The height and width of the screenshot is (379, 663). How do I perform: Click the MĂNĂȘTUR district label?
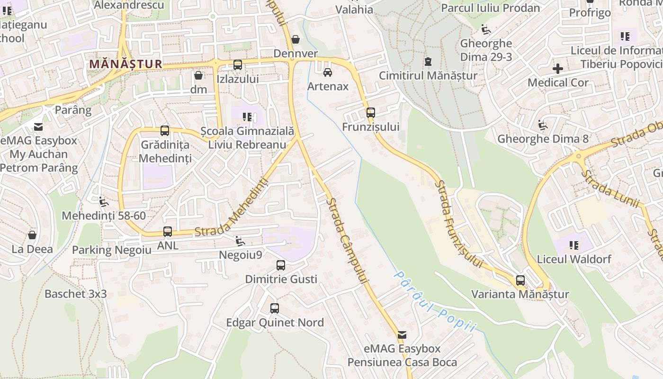pyautogui.click(x=125, y=63)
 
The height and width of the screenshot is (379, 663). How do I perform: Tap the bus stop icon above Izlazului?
pyautogui.click(x=238, y=65)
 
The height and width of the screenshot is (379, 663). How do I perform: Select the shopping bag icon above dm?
pyautogui.click(x=198, y=75)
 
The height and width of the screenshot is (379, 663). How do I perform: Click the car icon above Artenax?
pyautogui.click(x=327, y=72)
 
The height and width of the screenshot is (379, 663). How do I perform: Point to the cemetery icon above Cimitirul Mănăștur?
pyautogui.click(x=428, y=61)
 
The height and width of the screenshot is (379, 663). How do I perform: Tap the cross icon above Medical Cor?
pyautogui.click(x=558, y=69)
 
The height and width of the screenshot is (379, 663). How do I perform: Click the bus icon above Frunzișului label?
pyautogui.click(x=370, y=113)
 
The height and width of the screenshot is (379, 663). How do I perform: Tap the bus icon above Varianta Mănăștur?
pyautogui.click(x=520, y=280)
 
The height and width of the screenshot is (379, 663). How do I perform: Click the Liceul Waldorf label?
pyautogui.click(x=574, y=259)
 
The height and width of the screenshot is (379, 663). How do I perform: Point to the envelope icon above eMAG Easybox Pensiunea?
pyautogui.click(x=402, y=335)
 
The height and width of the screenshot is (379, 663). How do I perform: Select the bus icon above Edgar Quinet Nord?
pyautogui.click(x=274, y=308)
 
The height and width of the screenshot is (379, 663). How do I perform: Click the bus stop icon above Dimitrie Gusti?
pyautogui.click(x=281, y=265)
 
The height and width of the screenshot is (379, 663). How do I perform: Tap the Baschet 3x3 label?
pyautogui.click(x=76, y=294)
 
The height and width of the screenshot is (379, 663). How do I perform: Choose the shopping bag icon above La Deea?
pyautogui.click(x=32, y=235)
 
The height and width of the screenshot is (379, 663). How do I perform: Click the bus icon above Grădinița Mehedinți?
pyautogui.click(x=164, y=131)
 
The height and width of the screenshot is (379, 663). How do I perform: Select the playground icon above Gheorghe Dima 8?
pyautogui.click(x=542, y=126)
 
